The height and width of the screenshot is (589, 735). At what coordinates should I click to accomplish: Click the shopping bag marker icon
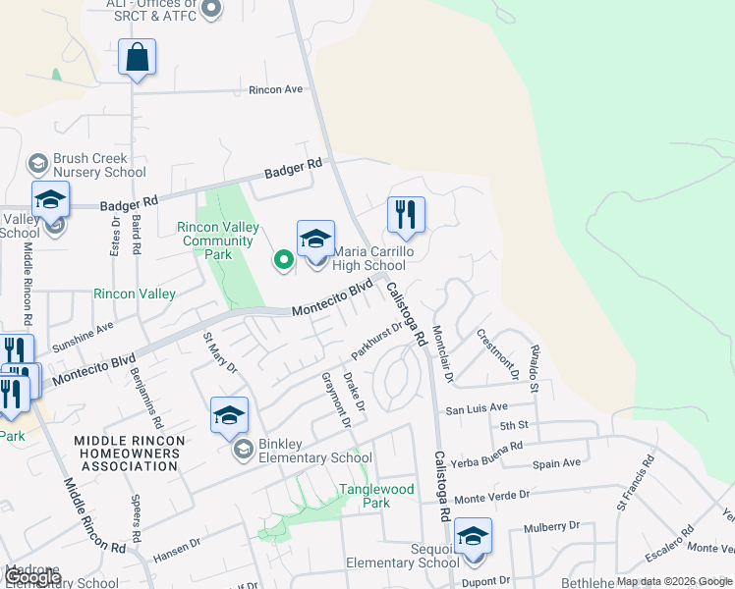point(137,57)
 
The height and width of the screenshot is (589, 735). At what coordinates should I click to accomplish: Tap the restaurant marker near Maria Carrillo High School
point(406,215)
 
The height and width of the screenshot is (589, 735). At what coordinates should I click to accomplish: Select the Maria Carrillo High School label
point(368,259)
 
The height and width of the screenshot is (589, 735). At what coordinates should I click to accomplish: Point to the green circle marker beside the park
point(284,259)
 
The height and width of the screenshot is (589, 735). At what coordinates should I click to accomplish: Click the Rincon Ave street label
point(275,89)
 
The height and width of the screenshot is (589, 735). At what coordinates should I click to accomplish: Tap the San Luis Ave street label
point(477,407)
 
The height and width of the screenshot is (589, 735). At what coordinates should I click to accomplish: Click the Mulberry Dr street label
point(549,527)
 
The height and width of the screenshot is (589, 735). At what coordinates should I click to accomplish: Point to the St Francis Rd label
point(635,481)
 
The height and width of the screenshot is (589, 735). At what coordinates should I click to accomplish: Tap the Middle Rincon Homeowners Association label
point(128,455)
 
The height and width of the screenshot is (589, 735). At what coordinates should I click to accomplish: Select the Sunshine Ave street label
point(83,336)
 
